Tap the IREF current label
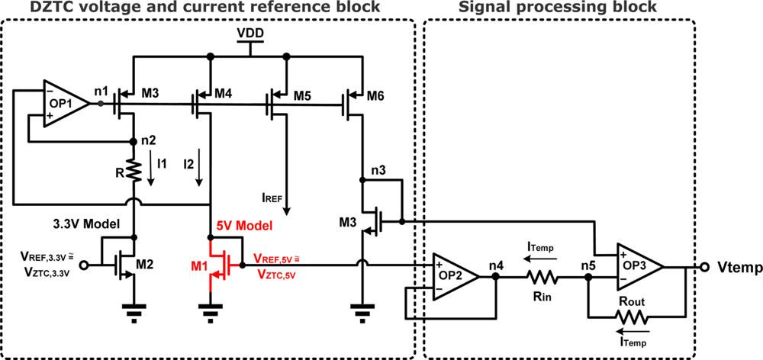click(x=272, y=198)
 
